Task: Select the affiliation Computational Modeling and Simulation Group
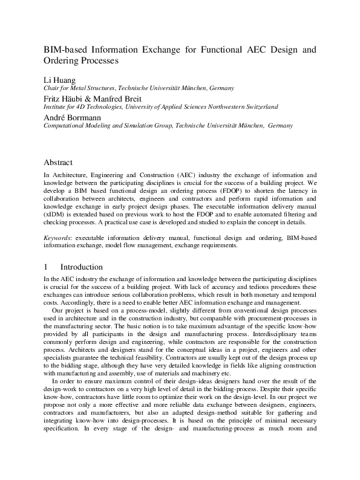point(108,126)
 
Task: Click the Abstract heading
point(58,163)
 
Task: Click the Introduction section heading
point(82,267)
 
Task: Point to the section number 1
point(46,267)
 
